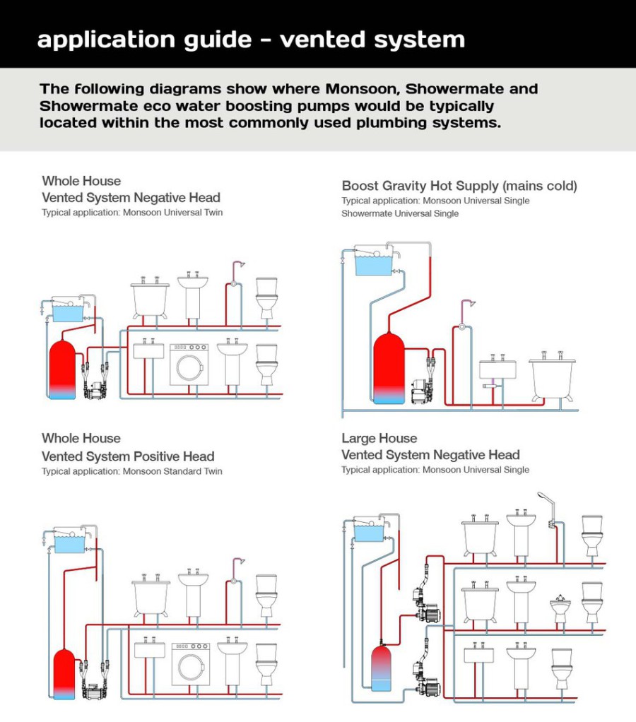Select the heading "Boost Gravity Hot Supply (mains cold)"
coord(459,186)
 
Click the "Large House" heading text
coord(379,438)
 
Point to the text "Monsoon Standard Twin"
coord(172,471)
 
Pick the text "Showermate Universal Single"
coord(400,213)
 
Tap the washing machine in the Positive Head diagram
coord(189,664)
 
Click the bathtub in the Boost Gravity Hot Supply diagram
coord(552,378)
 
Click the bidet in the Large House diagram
coord(560,609)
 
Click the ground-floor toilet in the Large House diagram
coord(562,668)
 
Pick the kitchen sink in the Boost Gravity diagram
coord(497,369)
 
